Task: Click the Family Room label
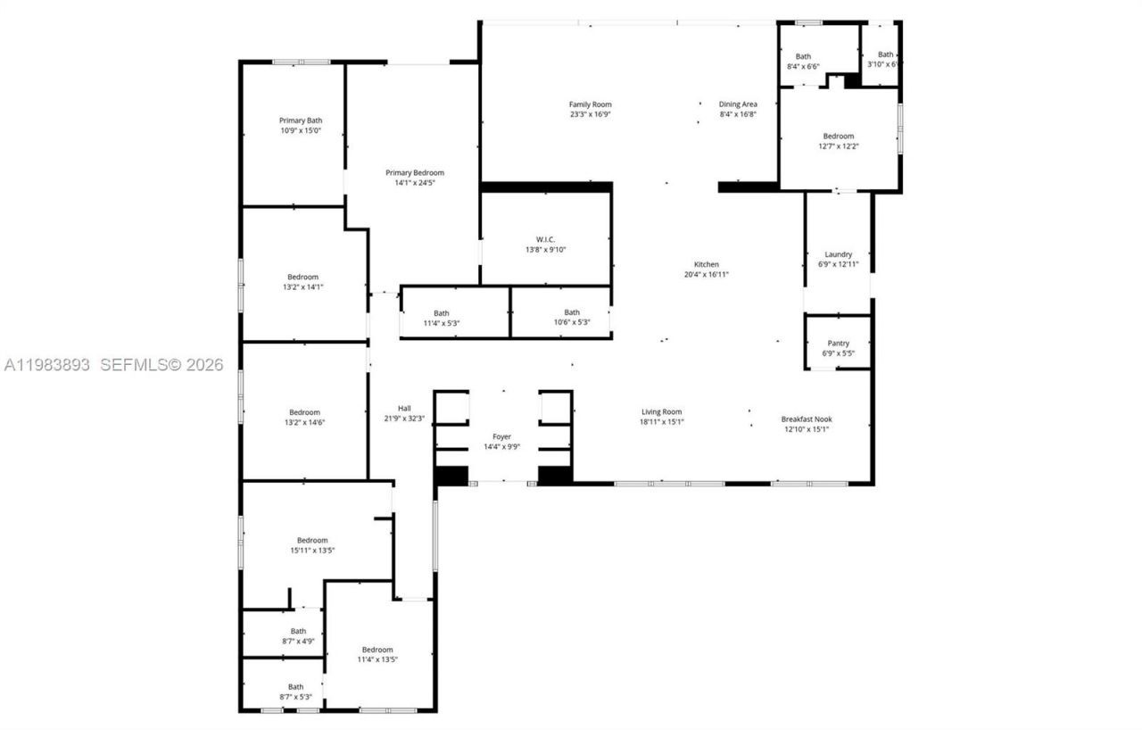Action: coord(590,104)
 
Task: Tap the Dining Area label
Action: coord(738,104)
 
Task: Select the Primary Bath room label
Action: coord(301,120)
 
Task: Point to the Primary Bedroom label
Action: coord(414,173)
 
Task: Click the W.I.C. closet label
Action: coord(545,239)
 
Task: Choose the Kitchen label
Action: coord(706,265)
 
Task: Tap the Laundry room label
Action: coord(838,254)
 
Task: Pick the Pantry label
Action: coord(838,344)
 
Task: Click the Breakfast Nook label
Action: coord(806,419)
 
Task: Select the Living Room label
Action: coord(661,412)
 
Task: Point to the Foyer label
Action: coord(502,436)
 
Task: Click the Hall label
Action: coord(404,408)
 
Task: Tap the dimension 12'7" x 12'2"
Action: coord(838,146)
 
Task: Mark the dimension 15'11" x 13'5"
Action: coord(312,551)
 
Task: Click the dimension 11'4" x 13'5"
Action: coord(377,659)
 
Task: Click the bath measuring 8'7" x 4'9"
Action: coord(297,635)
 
